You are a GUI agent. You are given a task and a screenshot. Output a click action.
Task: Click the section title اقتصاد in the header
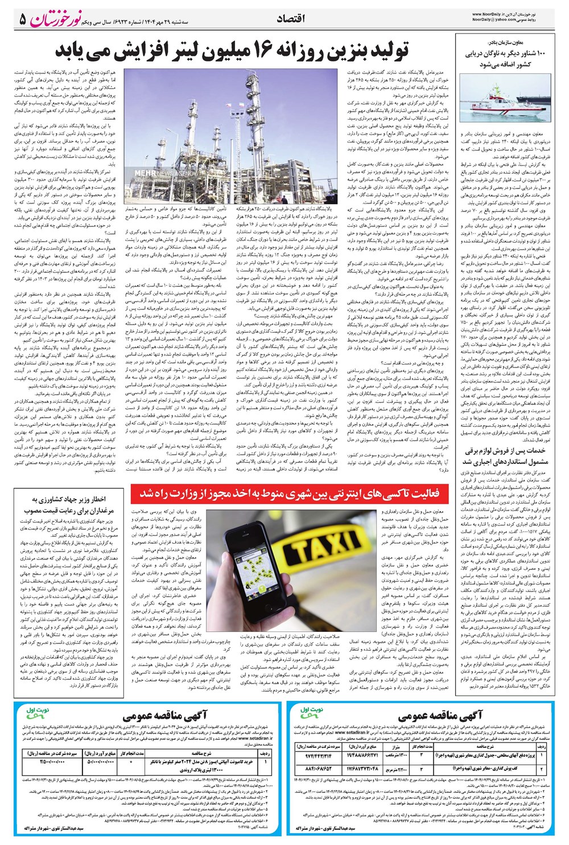point(290,19)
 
